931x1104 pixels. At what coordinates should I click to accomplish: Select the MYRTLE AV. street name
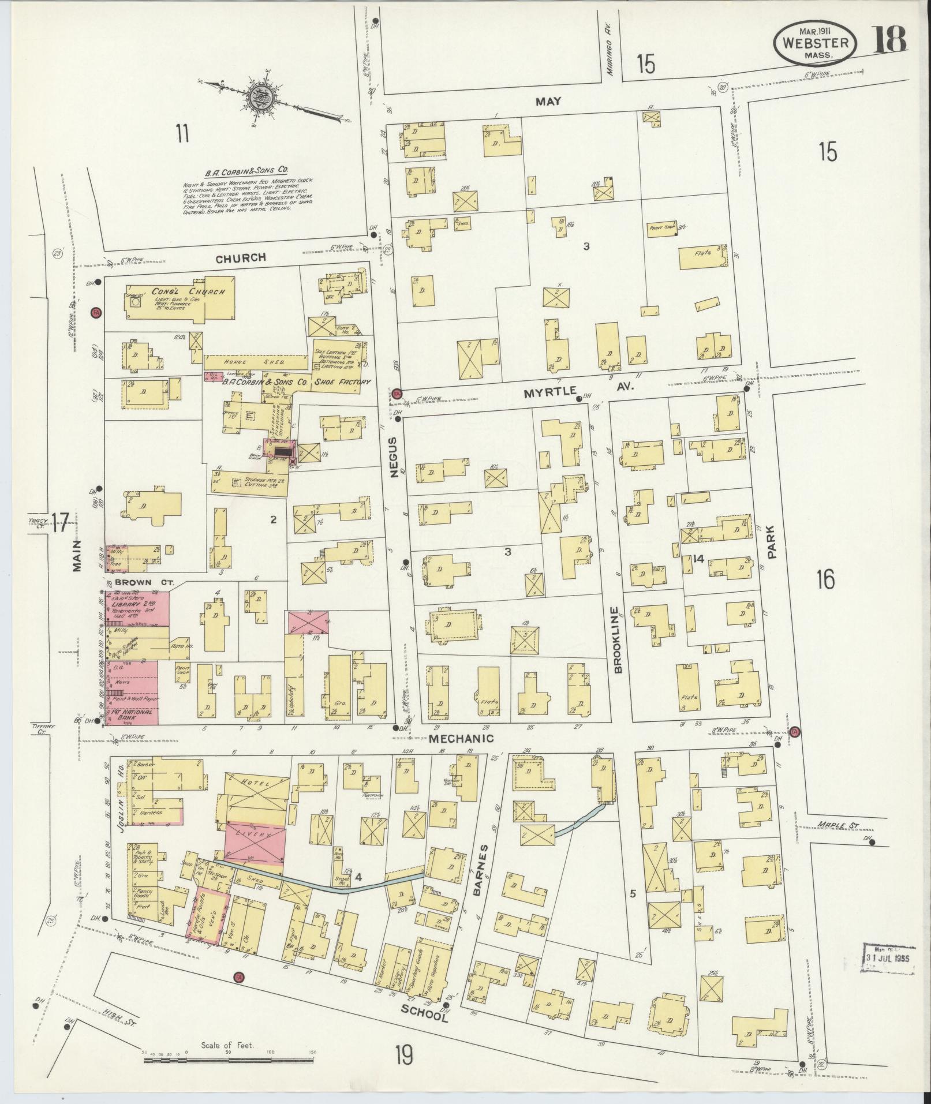point(578,391)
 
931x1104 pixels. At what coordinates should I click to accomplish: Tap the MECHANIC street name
point(461,738)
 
